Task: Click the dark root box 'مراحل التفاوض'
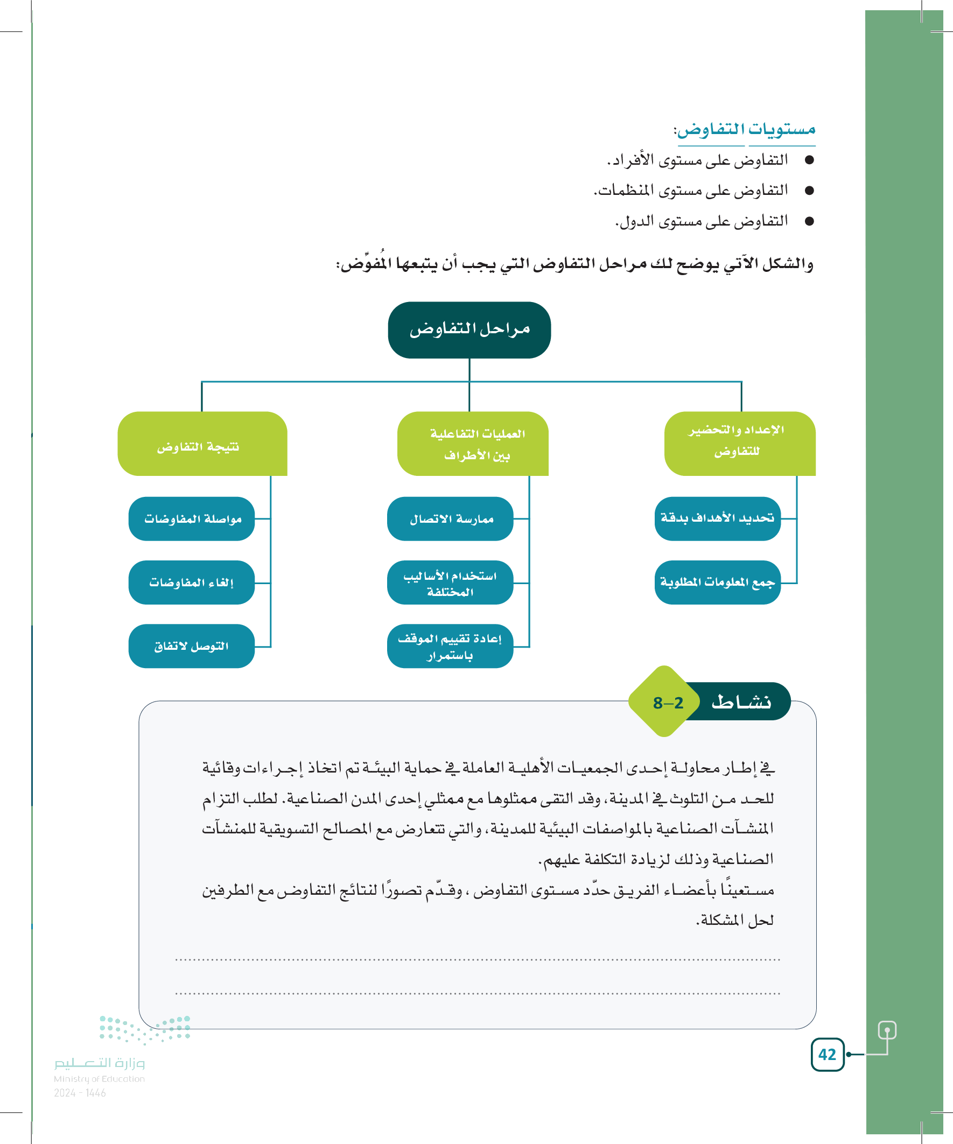click(469, 330)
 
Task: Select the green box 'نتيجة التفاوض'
click(202, 444)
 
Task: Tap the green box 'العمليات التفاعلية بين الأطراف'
click(473, 444)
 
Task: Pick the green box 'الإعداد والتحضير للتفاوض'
click(739, 444)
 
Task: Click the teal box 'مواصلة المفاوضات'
click(192, 518)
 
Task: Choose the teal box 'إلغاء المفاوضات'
click(192, 582)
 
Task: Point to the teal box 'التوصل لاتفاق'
click(192, 646)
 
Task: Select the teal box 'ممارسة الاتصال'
click(450, 518)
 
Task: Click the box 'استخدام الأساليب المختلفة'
click(450, 582)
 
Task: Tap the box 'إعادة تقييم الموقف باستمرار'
click(450, 646)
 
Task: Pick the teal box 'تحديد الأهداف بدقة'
click(718, 518)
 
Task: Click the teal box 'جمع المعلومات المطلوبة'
click(718, 582)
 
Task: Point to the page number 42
click(827, 1055)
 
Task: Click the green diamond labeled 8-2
click(665, 702)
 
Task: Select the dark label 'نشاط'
click(741, 701)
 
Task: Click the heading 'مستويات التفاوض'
click(745, 130)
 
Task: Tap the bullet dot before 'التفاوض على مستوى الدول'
click(809, 221)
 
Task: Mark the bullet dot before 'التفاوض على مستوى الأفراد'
click(809, 160)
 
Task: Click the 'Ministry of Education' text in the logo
click(99, 1079)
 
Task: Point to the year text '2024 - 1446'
click(80, 1093)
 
